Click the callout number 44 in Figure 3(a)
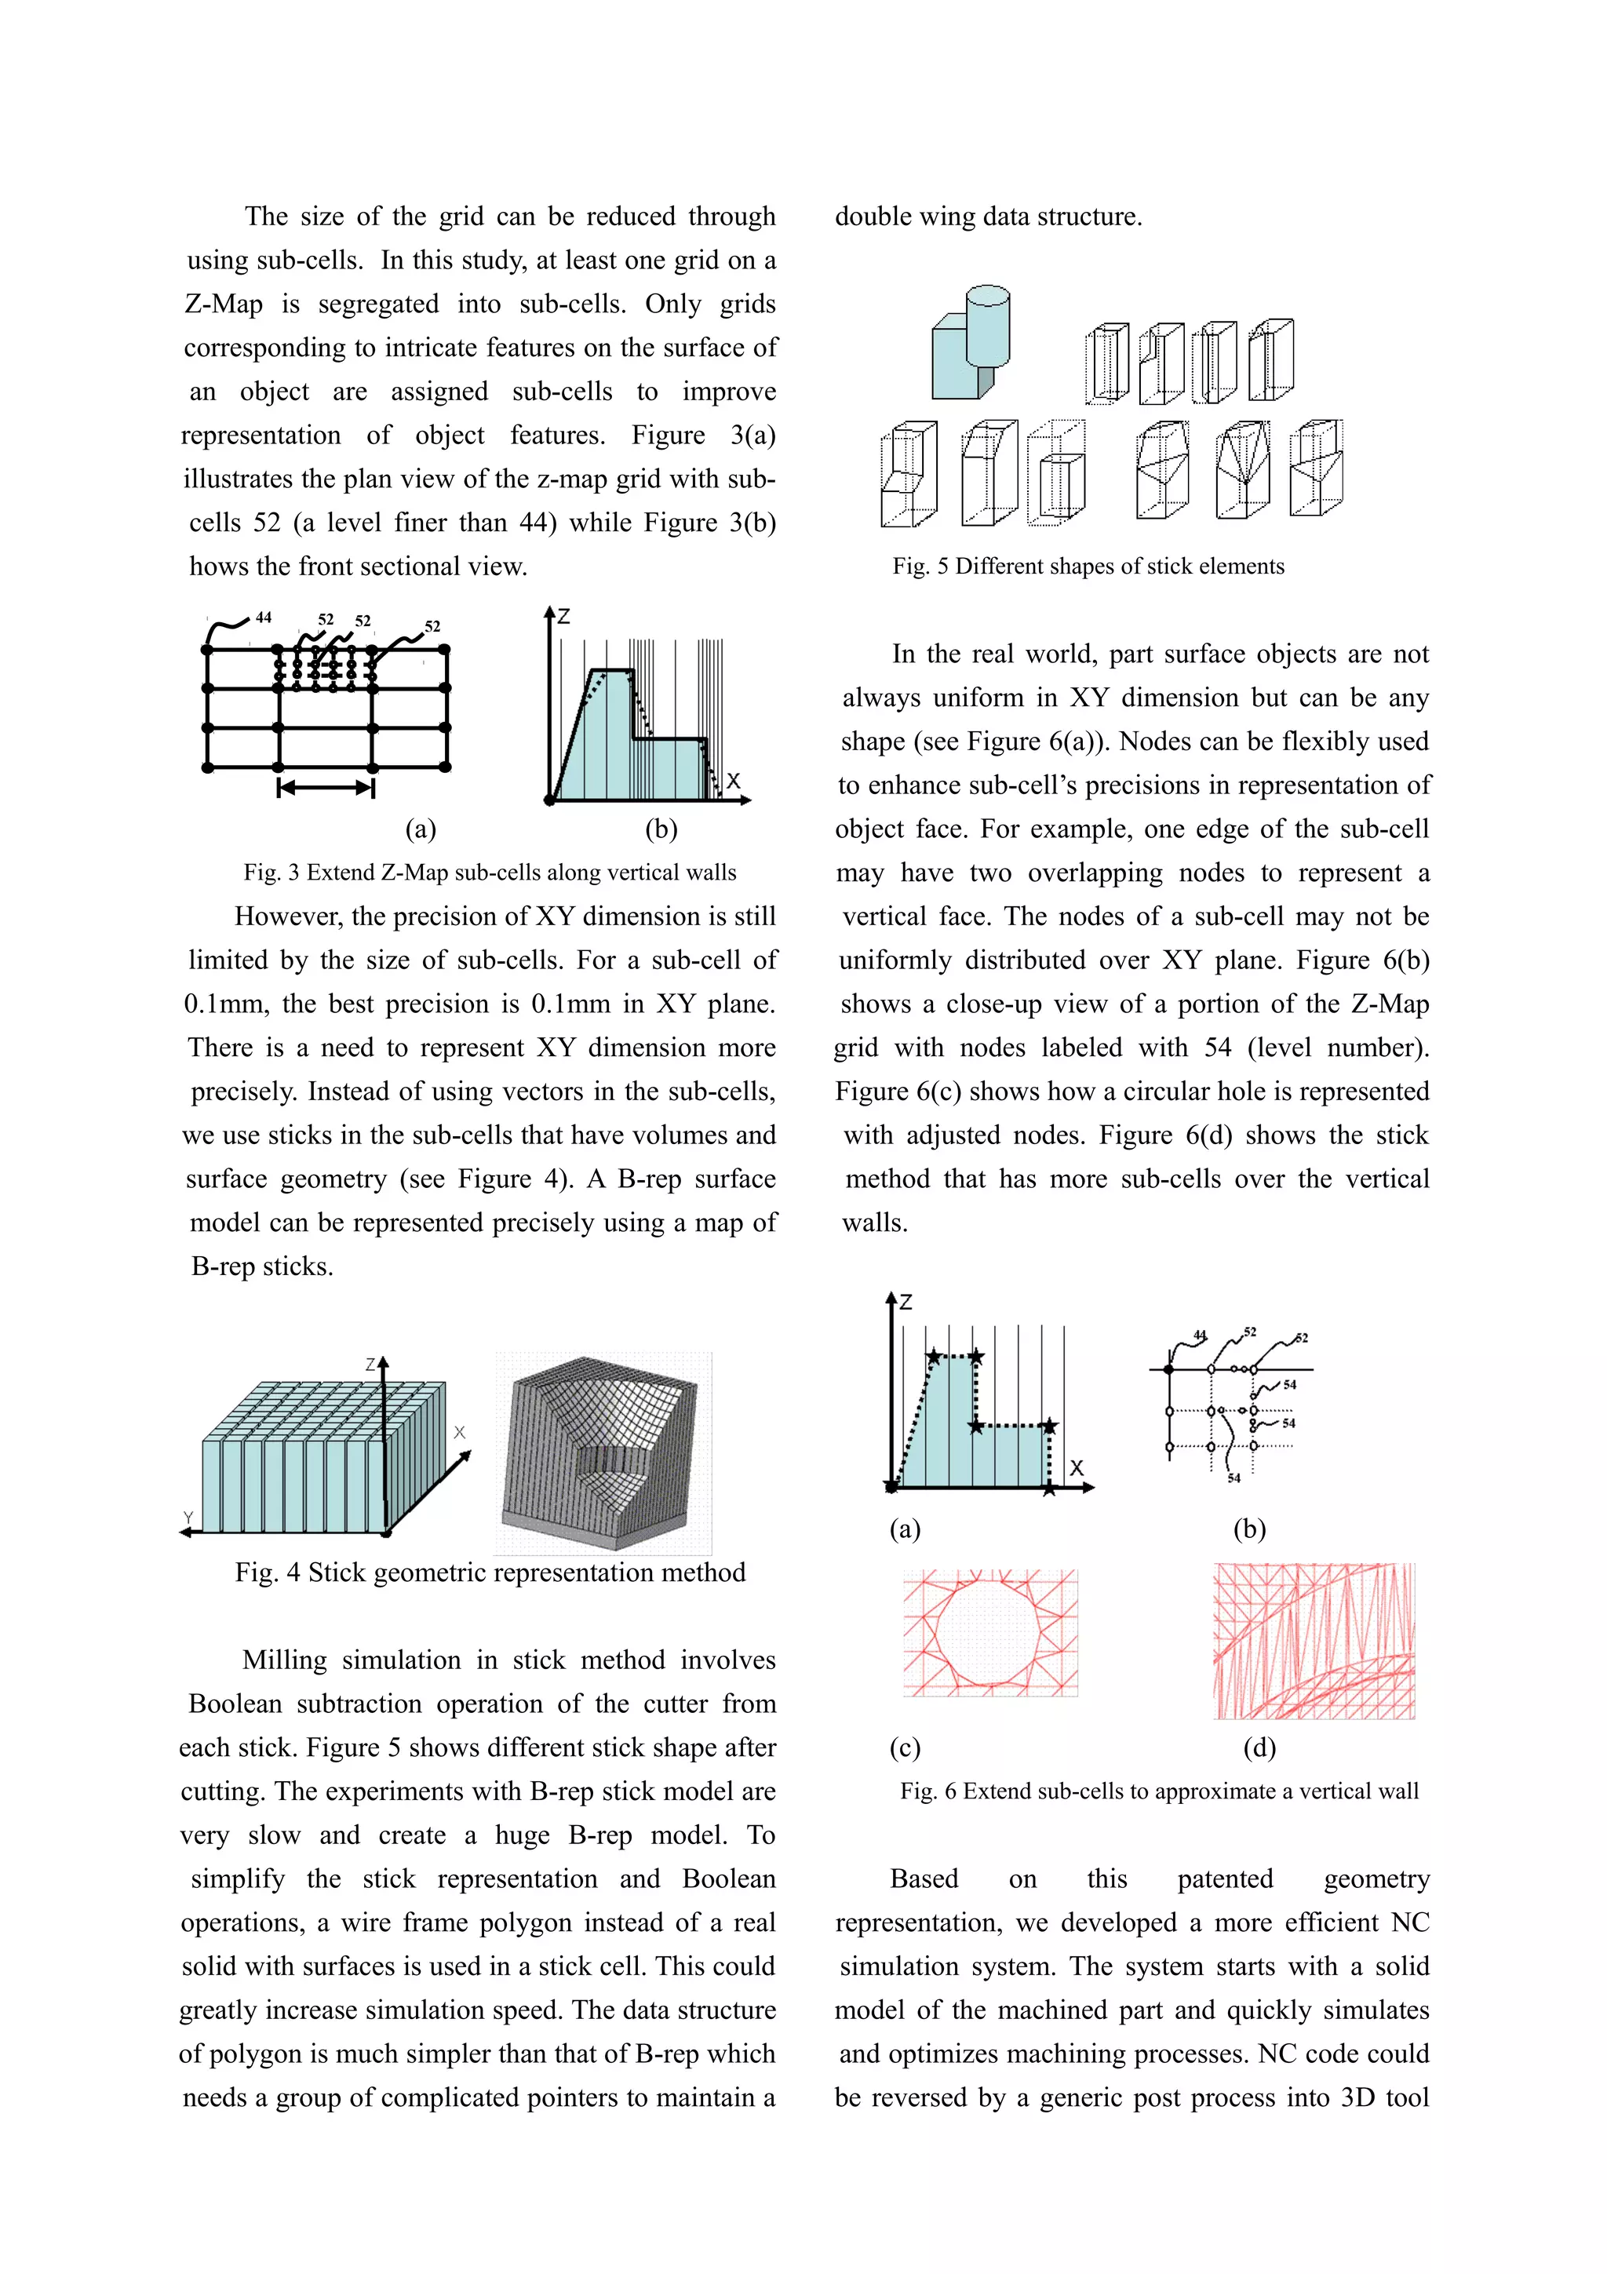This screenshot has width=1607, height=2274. point(264,617)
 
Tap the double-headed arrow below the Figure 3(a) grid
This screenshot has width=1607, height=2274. point(326,789)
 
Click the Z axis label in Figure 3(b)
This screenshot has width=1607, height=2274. point(563,617)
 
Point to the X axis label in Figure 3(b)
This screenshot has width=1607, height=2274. point(733,781)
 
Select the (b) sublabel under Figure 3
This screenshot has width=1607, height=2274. point(661,829)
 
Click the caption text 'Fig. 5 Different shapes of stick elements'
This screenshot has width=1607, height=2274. point(1088,567)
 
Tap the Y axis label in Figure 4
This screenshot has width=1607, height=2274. point(188,1518)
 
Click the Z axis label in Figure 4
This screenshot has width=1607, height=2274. point(370,1365)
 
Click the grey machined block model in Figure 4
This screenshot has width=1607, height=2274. point(602,1451)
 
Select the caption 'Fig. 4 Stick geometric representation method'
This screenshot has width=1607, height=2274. point(490,1572)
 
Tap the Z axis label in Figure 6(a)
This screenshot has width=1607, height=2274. point(905,1303)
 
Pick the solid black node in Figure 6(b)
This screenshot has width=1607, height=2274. point(1169,1370)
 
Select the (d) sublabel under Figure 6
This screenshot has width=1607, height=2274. point(1259,1748)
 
